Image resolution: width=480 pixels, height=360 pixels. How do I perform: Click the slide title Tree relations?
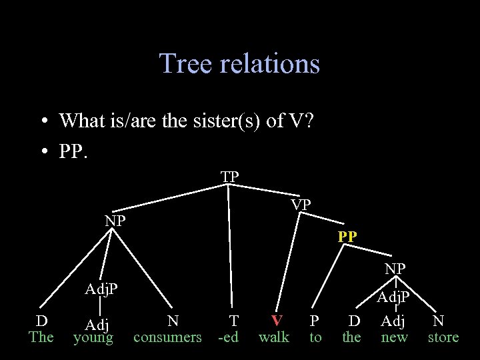(239, 63)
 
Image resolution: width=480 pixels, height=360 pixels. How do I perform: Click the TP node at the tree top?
(230, 177)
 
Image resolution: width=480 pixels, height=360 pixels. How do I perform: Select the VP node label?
(301, 205)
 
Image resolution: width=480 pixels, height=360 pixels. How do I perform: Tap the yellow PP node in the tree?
(347, 237)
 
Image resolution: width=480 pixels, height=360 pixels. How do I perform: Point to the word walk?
(274, 337)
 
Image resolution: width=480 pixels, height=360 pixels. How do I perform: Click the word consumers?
(167, 337)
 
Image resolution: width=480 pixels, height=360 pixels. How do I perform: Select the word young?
(93, 337)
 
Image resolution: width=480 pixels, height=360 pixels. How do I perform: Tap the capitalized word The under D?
(41, 337)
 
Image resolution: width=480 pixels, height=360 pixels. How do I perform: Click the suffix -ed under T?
(229, 337)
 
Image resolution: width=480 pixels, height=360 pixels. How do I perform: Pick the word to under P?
(315, 337)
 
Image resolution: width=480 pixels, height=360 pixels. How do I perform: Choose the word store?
(443, 337)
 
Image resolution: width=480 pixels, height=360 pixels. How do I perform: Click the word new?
(394, 337)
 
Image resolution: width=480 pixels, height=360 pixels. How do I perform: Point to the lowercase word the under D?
(351, 337)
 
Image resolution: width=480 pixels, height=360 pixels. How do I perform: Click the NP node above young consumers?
(115, 221)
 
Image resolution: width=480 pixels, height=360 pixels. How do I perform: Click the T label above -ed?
(233, 321)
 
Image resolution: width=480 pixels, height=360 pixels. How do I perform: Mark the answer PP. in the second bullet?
(73, 152)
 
